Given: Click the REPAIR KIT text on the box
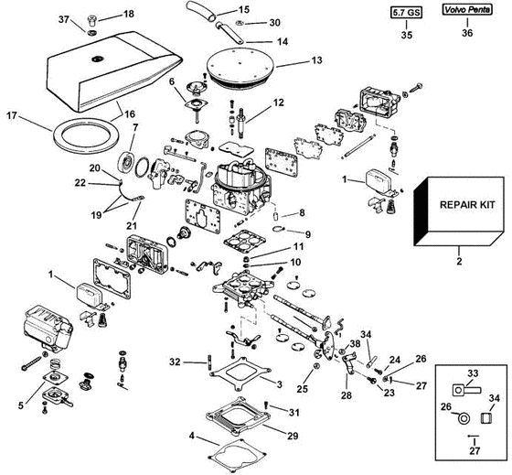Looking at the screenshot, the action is (467, 205).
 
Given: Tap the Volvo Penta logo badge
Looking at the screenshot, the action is (467, 10).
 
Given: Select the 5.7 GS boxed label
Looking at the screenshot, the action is (406, 13).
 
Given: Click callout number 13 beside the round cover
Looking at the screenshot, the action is (316, 60).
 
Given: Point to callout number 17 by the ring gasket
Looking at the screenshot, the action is (12, 115).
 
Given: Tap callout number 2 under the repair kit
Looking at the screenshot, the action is (459, 261).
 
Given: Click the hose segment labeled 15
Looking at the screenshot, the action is (201, 10).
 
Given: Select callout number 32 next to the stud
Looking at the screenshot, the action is (175, 362).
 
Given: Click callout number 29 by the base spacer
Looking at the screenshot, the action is (293, 436).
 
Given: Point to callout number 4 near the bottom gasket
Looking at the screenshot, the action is (192, 436).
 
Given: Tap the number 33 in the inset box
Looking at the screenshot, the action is (473, 373).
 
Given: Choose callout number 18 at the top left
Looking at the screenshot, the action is (129, 14).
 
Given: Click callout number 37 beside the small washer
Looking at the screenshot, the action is (64, 19).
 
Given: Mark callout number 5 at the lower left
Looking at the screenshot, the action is (21, 405).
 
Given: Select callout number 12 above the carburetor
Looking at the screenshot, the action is (279, 103).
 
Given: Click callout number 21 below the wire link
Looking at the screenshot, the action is (133, 225).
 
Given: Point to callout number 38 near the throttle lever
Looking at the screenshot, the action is (355, 343).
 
